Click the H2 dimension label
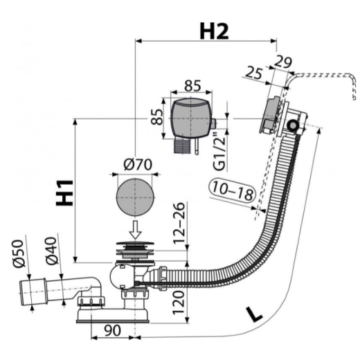click(214, 31)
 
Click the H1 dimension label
click(64, 193)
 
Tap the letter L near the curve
click(254, 314)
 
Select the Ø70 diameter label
click(138, 165)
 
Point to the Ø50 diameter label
click(19, 253)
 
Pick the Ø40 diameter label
click(51, 251)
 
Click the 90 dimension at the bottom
click(112, 330)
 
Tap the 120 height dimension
click(179, 303)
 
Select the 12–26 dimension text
click(179, 223)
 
